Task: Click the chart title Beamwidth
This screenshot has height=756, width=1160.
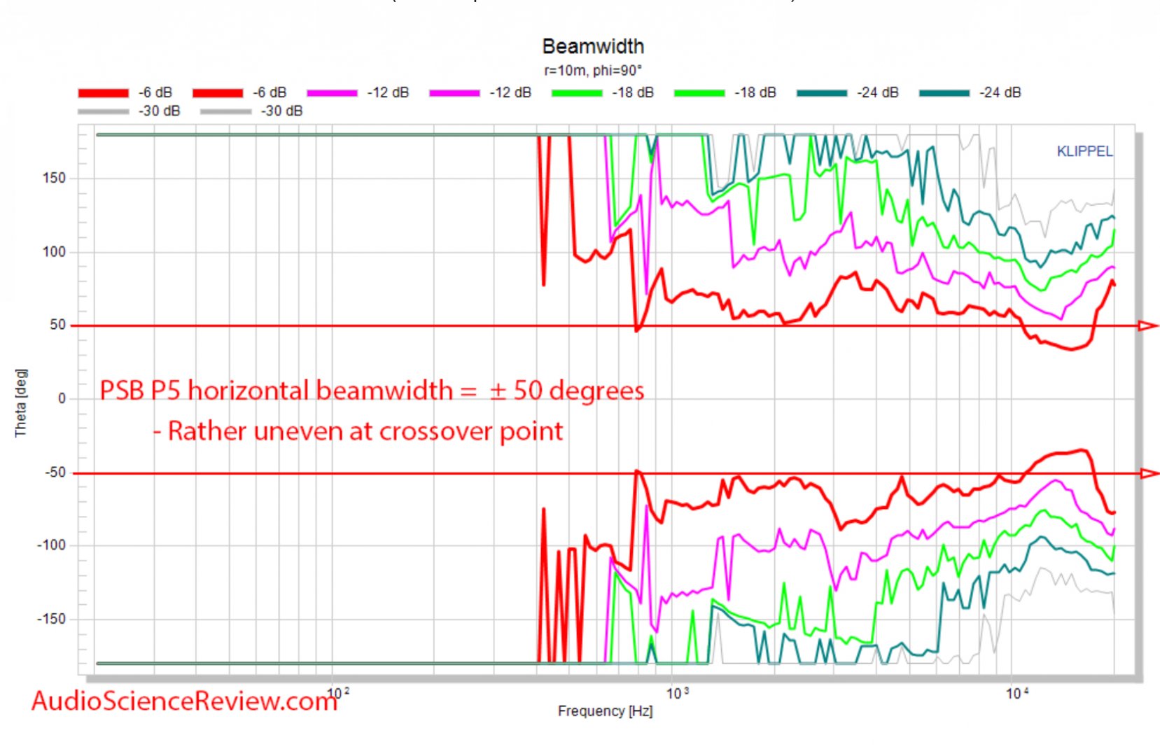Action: click(x=592, y=46)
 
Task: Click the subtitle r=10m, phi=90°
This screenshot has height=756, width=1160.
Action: click(x=592, y=70)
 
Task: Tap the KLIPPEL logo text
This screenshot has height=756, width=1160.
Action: click(x=1084, y=151)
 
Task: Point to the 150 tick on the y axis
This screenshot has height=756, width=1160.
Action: click(x=54, y=178)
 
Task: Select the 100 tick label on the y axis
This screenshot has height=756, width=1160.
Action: click(x=54, y=251)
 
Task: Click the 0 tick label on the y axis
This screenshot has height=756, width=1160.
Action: click(x=62, y=398)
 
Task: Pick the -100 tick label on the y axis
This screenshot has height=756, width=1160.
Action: click(x=51, y=545)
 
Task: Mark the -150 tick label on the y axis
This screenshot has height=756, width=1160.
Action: click(x=51, y=619)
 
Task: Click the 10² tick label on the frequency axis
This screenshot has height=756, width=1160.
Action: click(x=338, y=694)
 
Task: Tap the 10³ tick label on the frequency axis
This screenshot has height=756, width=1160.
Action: click(x=677, y=694)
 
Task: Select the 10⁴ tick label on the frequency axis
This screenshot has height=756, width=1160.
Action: click(x=1017, y=694)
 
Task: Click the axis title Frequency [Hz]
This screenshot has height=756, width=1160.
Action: click(x=605, y=711)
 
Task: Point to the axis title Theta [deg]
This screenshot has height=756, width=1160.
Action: click(x=20, y=402)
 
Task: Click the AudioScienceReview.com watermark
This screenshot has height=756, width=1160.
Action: click(x=184, y=701)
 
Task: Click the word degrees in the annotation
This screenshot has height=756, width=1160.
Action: click(x=596, y=391)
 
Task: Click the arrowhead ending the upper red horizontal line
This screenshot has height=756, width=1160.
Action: click(x=1148, y=325)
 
